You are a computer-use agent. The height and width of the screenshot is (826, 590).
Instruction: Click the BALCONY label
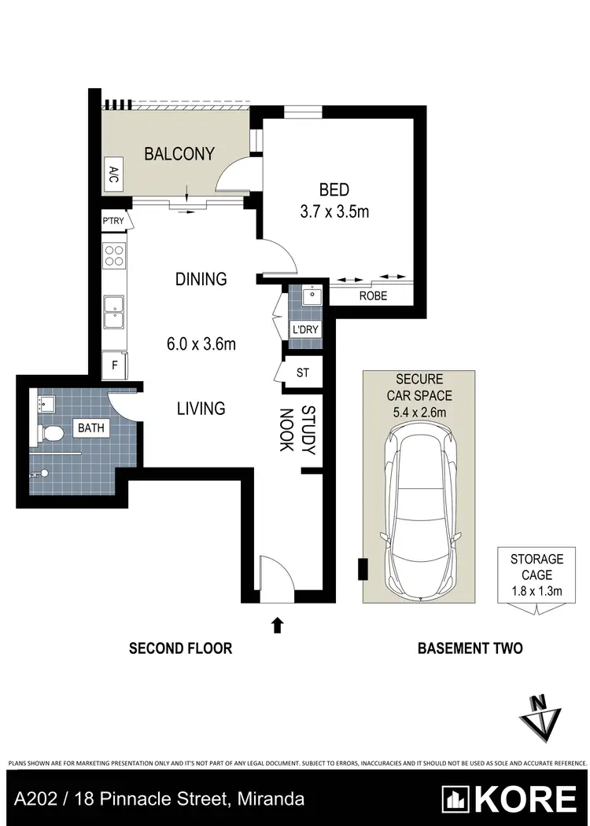pos(179,154)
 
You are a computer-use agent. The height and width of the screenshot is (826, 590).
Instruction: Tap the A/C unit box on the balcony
pos(114,173)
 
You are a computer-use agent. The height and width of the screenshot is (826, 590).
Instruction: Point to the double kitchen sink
pos(114,312)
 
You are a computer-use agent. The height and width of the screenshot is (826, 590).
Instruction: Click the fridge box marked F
pos(114,365)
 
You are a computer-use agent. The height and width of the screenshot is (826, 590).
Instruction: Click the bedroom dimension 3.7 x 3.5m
pos(334,211)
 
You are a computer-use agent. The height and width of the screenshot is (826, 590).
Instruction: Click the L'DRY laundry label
pos(305,329)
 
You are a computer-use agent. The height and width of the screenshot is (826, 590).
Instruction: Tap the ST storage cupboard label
pos(303,373)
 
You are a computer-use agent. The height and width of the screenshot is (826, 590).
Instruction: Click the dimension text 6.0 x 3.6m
pos(201,343)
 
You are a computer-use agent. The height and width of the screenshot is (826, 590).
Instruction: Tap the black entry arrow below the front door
pos(277,625)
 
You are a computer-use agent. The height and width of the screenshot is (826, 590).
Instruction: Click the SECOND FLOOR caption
pos(181,648)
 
